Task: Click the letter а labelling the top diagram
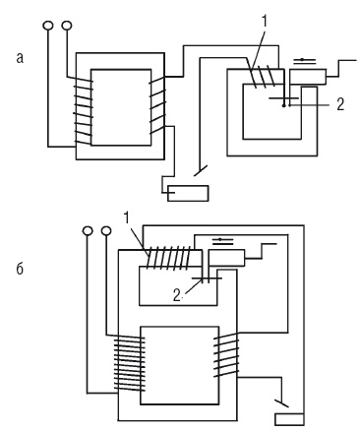[20, 58]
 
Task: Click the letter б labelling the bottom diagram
[20, 269]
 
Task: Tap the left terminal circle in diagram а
[48, 26]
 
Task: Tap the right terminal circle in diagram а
[67, 26]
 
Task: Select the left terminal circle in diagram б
[88, 230]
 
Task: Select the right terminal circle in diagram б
[106, 230]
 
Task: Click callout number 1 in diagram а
[265, 22]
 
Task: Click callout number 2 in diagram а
[340, 104]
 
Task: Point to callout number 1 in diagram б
[127, 218]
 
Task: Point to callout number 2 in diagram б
[177, 296]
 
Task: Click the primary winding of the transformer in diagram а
[84, 111]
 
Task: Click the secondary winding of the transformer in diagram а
[157, 105]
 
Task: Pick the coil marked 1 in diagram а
[263, 77]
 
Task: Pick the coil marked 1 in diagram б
[169, 258]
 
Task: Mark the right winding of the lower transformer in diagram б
[226, 355]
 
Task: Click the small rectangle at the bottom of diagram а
[188, 193]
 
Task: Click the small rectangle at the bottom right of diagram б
[289, 419]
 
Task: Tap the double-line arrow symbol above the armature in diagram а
[304, 60]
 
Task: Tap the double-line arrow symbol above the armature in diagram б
[223, 241]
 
